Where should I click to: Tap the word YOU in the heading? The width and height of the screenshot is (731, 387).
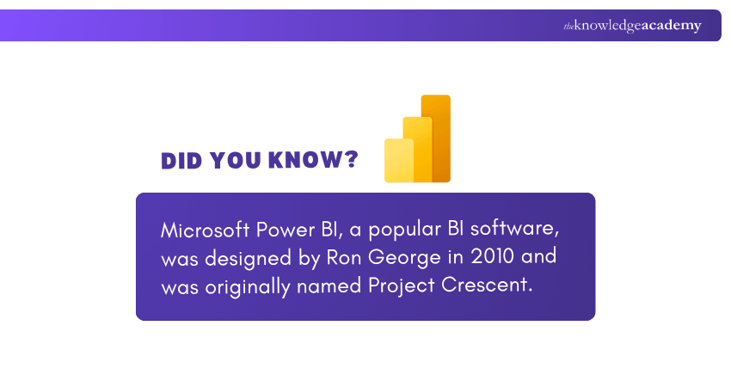point(235,161)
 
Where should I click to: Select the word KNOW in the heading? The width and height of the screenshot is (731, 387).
point(306,160)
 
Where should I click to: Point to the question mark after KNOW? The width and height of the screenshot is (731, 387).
point(352,159)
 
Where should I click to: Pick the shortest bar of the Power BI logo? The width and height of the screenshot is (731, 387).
point(399,161)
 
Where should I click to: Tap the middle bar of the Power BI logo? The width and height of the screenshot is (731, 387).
point(418,149)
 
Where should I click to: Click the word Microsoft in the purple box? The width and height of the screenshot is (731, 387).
point(206,230)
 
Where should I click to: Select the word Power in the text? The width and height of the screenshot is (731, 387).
point(286,230)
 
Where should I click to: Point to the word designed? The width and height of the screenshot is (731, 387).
point(248,259)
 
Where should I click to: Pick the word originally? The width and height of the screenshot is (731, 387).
point(248,286)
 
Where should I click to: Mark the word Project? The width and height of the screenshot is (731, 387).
point(402,286)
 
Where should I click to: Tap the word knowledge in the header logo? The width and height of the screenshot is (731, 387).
point(607,26)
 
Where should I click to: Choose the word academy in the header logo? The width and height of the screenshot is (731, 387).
point(672,26)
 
